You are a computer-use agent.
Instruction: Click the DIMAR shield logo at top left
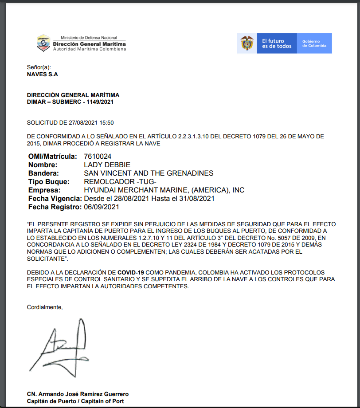(x=43, y=43)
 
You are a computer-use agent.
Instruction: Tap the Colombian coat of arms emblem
(x=247, y=43)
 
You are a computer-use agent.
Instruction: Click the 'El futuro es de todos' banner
(x=277, y=43)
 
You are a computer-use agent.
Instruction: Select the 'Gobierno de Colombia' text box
(x=314, y=43)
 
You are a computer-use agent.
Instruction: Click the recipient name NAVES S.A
(x=43, y=74)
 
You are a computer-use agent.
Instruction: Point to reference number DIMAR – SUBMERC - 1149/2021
(x=70, y=102)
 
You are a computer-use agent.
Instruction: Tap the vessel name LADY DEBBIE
(x=107, y=165)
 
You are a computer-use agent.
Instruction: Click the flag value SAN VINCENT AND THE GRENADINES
(x=149, y=173)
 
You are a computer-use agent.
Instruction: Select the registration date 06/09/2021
(x=102, y=207)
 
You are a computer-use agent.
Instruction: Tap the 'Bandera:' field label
(x=43, y=173)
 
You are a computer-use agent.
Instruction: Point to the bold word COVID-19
(x=131, y=272)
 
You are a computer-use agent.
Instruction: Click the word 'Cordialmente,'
(x=45, y=307)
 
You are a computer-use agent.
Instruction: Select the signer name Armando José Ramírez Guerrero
(x=78, y=394)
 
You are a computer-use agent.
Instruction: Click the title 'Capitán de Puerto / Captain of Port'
(x=75, y=401)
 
